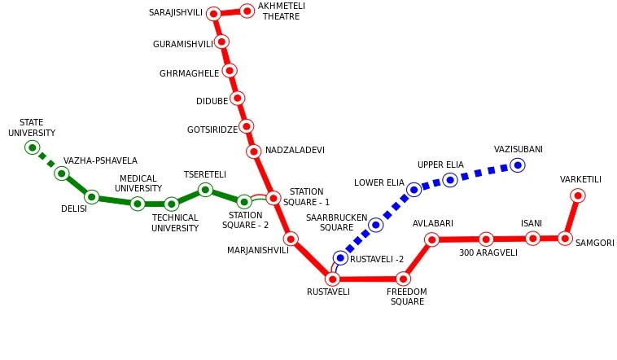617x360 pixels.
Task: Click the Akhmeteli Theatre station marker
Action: pyautogui.click(x=247, y=11)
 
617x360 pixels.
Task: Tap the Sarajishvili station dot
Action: pyautogui.click(x=213, y=14)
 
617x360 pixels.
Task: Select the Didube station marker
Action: pyautogui.click(x=237, y=99)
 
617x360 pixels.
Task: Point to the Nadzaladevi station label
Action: pyautogui.click(x=295, y=151)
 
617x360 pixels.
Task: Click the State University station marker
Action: pyautogui.click(x=33, y=147)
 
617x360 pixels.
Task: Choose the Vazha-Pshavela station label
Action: pyautogui.click(x=100, y=161)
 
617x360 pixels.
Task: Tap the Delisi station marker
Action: pyautogui.click(x=91, y=197)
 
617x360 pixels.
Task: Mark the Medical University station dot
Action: pyautogui.click(x=138, y=204)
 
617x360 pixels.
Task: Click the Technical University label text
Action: pyautogui.click(x=175, y=223)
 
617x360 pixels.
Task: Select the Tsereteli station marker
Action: pyautogui.click(x=205, y=190)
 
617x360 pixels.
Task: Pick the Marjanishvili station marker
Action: pyautogui.click(x=291, y=239)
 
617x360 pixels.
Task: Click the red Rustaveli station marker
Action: pyautogui.click(x=332, y=279)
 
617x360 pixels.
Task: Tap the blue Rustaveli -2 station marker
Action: pyautogui.click(x=340, y=258)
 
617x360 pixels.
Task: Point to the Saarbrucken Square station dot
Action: pyautogui.click(x=375, y=225)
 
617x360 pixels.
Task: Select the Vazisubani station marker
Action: pyautogui.click(x=517, y=165)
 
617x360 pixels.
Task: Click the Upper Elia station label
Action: pyautogui.click(x=440, y=165)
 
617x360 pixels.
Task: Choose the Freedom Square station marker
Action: pyautogui.click(x=403, y=279)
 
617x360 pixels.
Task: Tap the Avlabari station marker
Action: pyautogui.click(x=431, y=239)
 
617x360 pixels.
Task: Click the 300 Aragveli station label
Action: pyautogui.click(x=488, y=253)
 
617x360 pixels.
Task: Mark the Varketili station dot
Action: pyautogui.click(x=577, y=195)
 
